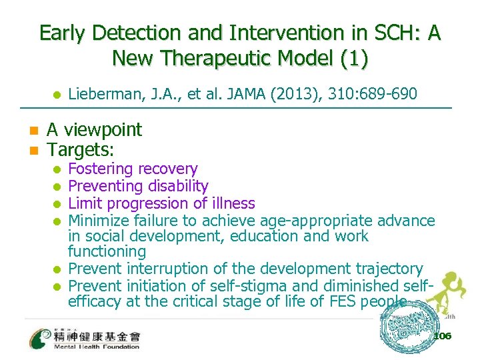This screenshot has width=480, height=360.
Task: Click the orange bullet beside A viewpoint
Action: point(32,130)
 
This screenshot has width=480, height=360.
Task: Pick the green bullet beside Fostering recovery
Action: point(58,169)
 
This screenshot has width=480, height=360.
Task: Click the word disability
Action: point(175,187)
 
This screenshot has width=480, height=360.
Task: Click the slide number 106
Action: point(441,336)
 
